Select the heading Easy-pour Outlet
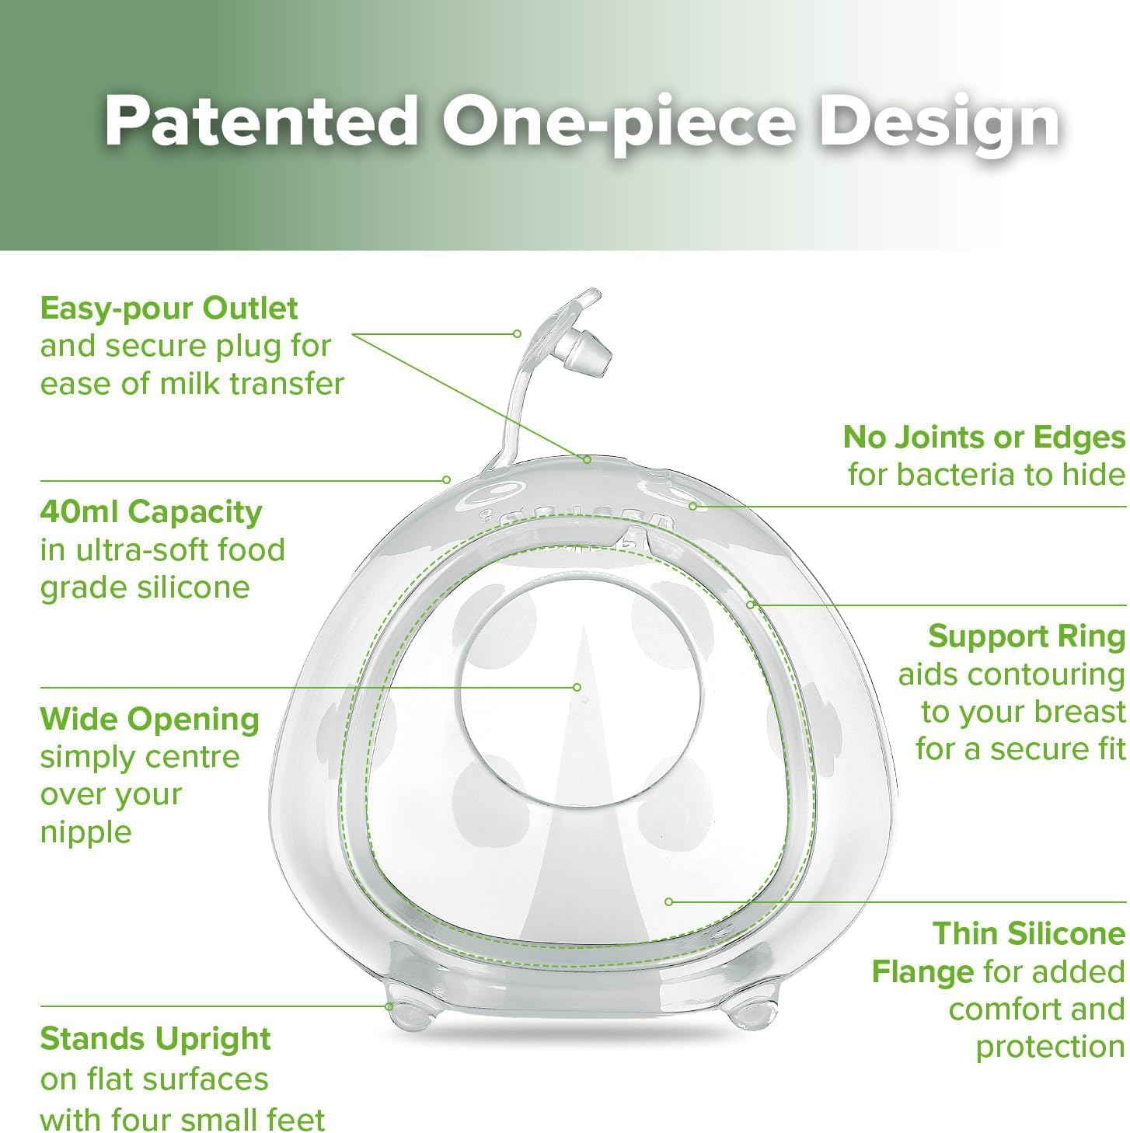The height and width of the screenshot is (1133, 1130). [x=169, y=309]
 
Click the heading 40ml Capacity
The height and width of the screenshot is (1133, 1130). [x=152, y=513]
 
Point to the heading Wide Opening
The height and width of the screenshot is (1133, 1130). [x=149, y=720]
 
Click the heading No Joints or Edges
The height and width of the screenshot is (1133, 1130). [x=984, y=438]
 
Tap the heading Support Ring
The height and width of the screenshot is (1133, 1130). [x=1027, y=636]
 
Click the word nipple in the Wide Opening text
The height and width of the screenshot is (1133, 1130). [x=86, y=833]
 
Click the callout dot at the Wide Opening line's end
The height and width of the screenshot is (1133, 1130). [x=577, y=687]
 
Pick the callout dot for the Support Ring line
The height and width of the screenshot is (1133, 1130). [x=750, y=605]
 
